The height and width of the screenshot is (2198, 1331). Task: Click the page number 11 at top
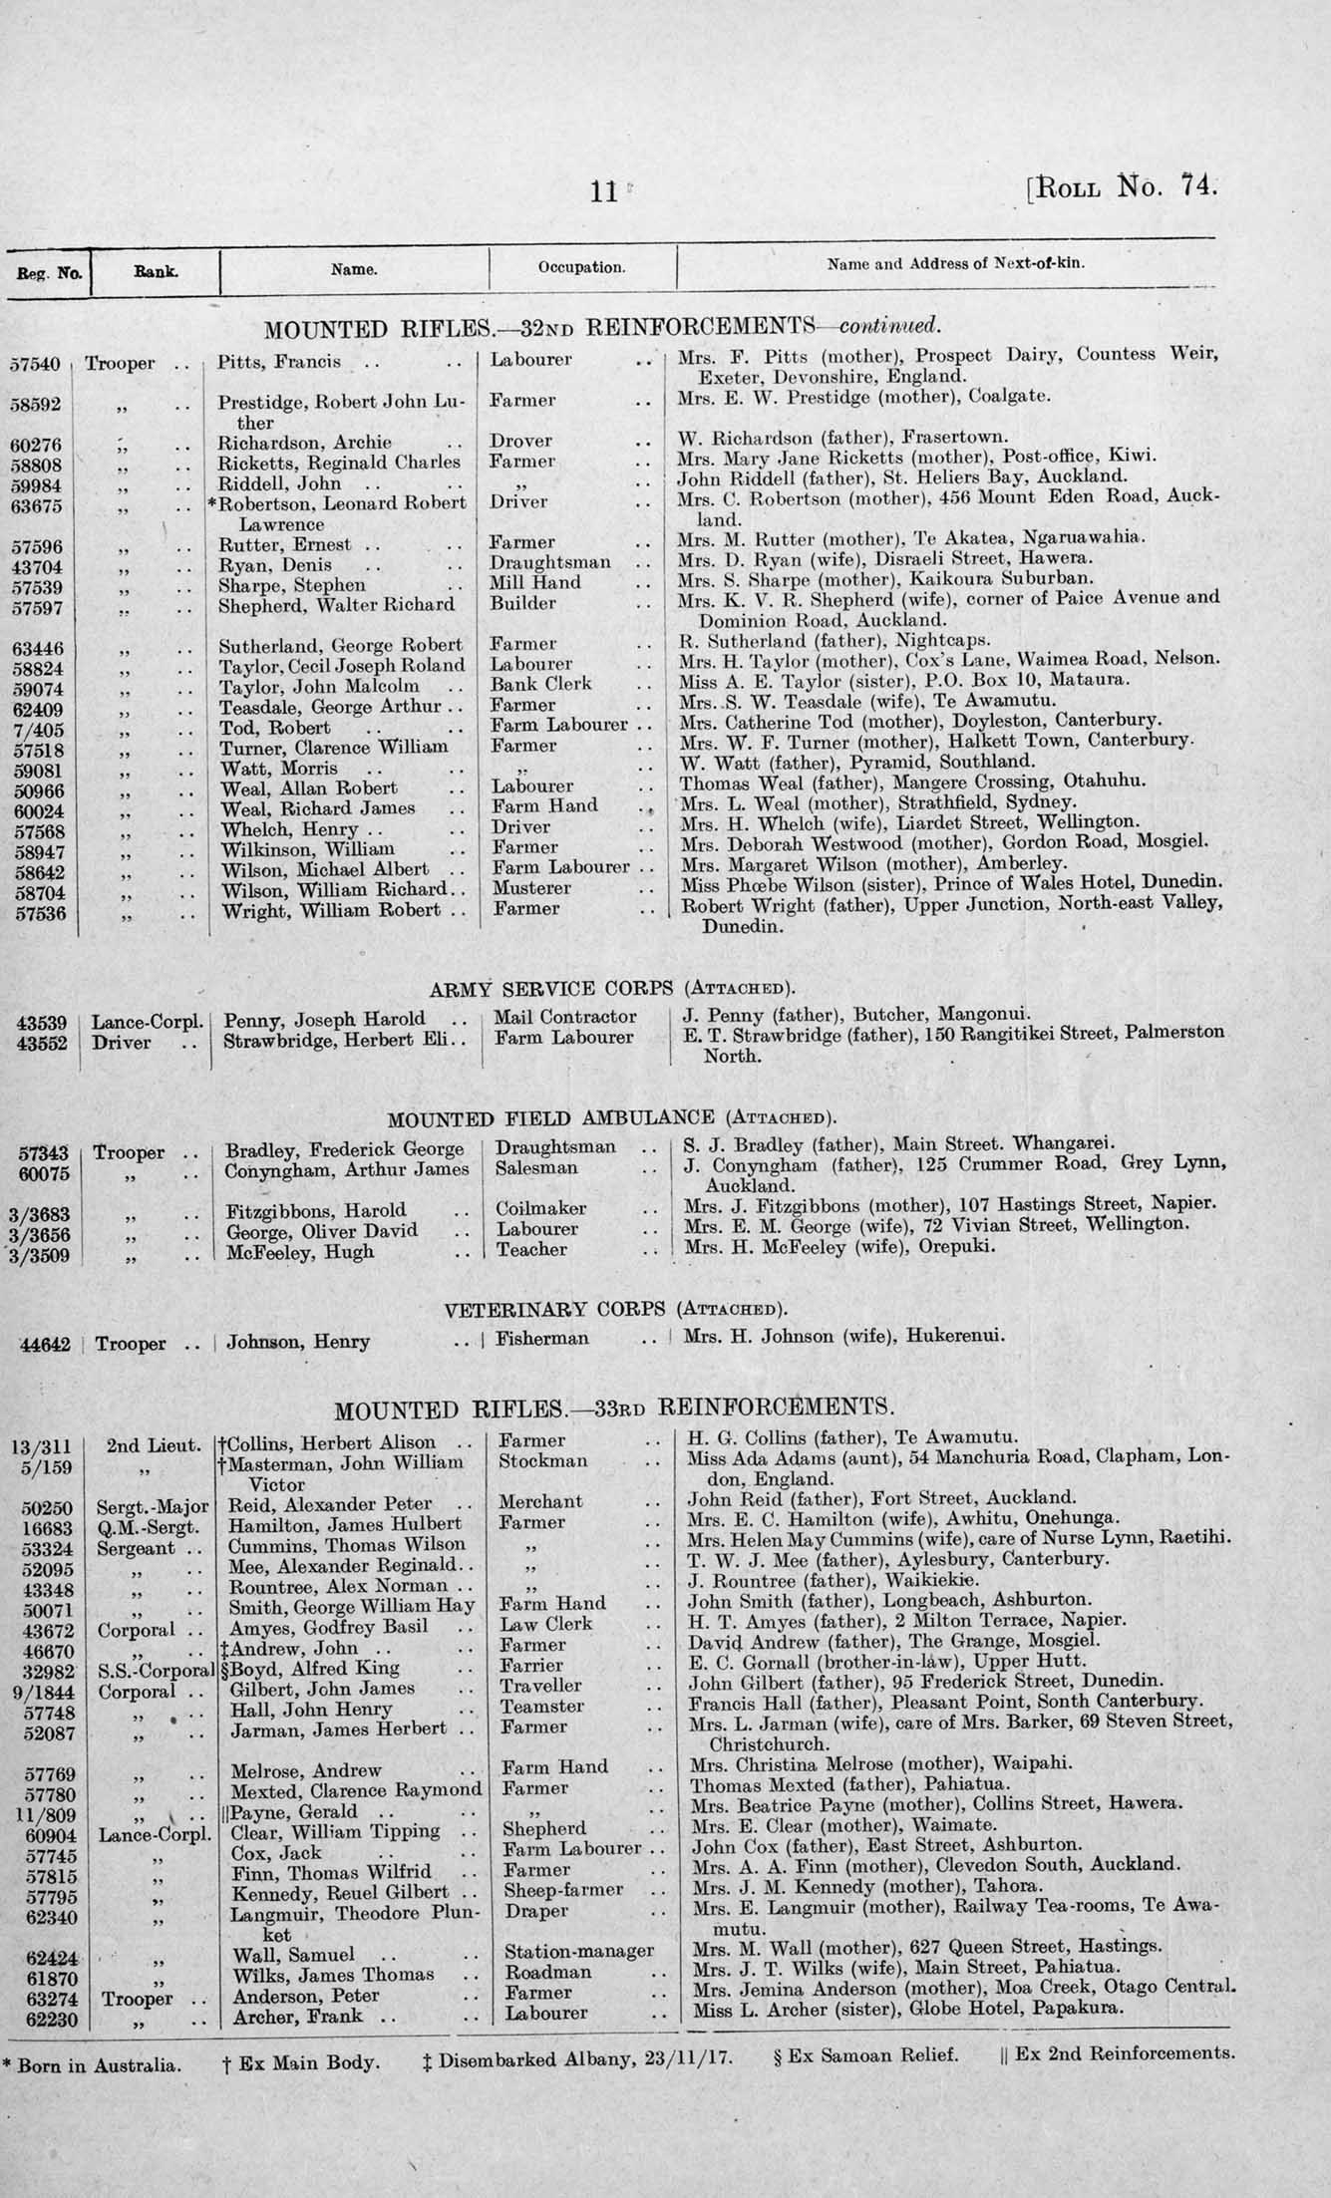point(604,191)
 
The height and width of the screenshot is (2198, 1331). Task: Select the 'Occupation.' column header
point(581,267)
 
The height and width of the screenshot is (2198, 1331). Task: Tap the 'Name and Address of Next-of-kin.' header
point(956,265)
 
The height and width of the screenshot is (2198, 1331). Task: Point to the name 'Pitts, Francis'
point(279,362)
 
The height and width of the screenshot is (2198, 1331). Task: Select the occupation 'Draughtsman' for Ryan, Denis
point(550,562)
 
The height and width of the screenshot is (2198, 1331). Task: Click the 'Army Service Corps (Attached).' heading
point(612,990)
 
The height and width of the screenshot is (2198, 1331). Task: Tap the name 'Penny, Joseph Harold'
point(325,1020)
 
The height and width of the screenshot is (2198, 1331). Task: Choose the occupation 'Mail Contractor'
point(565,1017)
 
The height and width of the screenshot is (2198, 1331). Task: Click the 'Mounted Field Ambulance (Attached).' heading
point(610,1117)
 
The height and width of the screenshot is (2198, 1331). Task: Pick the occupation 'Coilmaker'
point(540,1209)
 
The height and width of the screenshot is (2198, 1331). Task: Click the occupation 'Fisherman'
point(543,1339)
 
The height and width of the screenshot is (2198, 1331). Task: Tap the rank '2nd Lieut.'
point(149,1444)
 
